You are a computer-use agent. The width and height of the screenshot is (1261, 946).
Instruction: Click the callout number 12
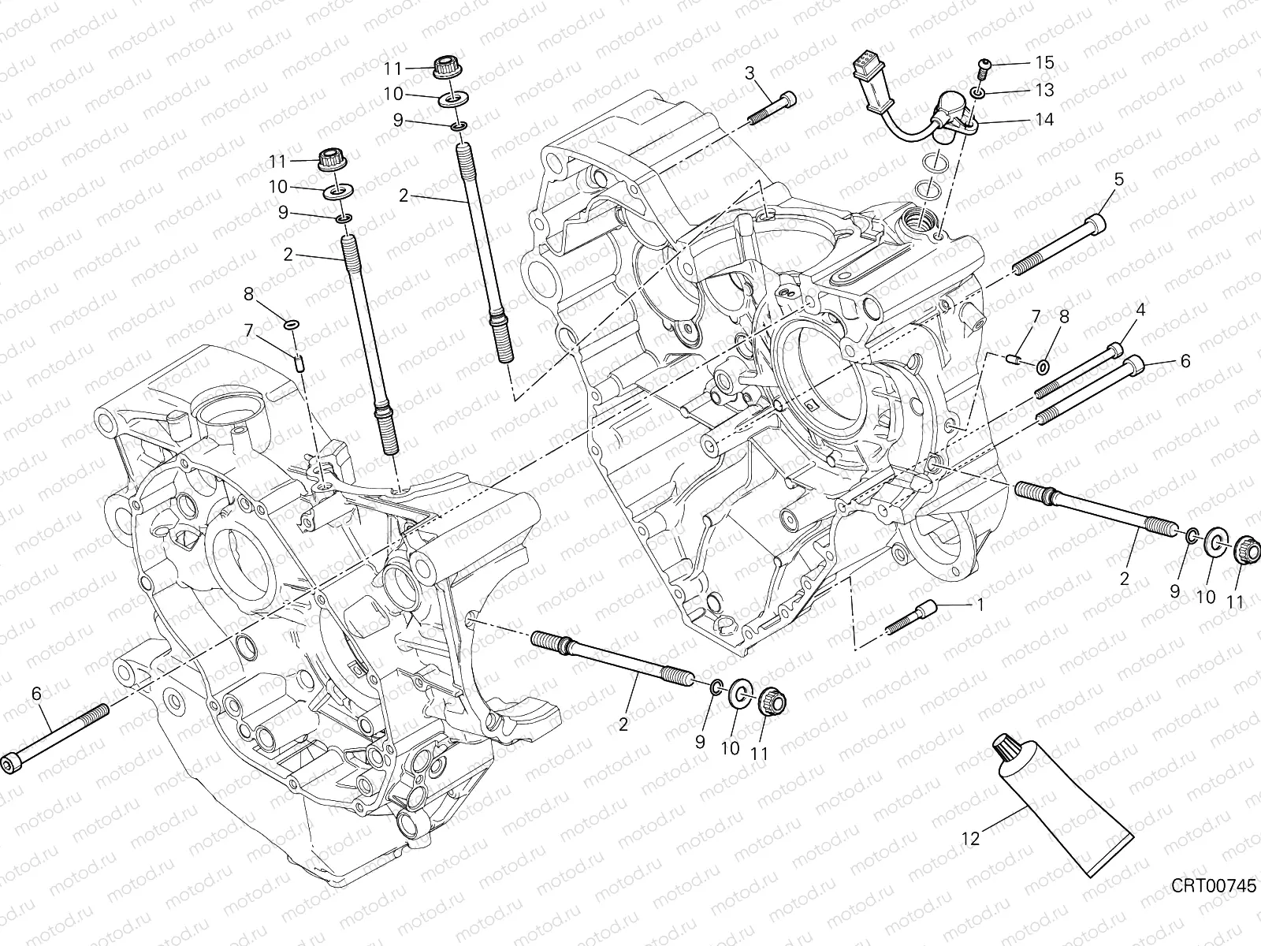(x=970, y=840)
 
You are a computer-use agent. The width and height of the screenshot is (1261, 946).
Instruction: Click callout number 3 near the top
(x=750, y=73)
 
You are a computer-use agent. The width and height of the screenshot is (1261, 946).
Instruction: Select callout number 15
(x=1044, y=62)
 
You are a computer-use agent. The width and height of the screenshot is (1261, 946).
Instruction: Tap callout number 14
(x=1044, y=120)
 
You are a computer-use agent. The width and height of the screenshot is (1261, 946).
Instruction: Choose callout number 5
(x=1140, y=178)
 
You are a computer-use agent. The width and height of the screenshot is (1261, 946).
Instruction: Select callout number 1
(x=980, y=605)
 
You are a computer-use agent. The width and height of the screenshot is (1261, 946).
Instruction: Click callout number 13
(x=1044, y=91)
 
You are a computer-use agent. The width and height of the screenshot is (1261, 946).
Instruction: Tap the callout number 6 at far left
(x=35, y=694)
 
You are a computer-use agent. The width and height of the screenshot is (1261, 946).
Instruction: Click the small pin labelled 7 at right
(x=1016, y=360)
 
